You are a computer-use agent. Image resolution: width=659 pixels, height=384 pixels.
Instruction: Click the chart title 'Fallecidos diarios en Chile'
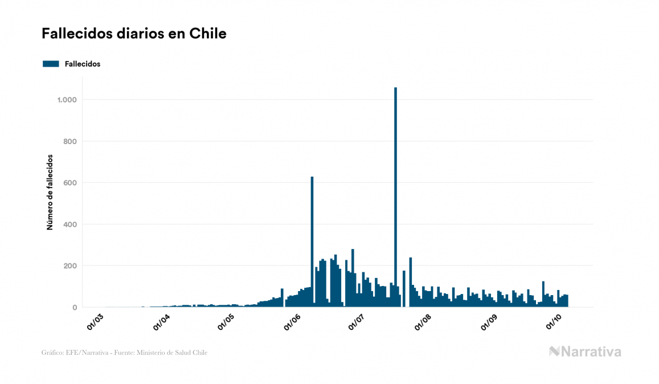(134, 34)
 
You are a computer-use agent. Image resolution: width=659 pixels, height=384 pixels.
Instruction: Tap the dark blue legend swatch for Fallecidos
(51, 64)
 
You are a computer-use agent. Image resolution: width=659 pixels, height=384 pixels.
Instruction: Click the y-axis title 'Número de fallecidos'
(50, 192)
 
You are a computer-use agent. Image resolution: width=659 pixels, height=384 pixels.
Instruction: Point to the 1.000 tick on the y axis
(66, 100)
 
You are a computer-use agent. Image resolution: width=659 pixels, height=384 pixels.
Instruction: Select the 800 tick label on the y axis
(70, 141)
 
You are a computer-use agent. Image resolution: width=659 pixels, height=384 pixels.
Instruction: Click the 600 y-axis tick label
(70, 183)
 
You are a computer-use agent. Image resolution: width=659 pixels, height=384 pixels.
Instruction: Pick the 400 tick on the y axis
(70, 224)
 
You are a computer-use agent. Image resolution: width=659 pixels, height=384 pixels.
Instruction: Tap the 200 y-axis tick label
(70, 266)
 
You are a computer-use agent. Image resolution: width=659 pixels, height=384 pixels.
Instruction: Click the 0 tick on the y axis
(75, 308)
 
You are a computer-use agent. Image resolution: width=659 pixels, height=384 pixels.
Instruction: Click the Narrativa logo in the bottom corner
(585, 352)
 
